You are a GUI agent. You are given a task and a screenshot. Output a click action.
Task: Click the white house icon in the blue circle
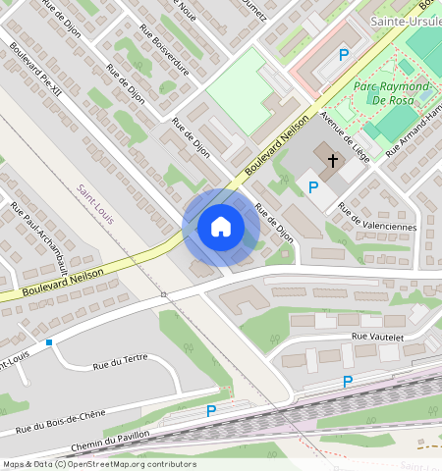pos(221,227)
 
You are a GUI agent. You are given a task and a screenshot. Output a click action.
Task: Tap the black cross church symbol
pos(333,160)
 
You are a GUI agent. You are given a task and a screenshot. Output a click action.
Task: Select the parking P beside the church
pos(313,187)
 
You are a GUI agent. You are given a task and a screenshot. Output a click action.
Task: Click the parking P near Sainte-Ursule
pos(343,56)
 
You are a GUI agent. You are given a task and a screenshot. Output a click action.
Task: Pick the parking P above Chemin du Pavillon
pos(210,412)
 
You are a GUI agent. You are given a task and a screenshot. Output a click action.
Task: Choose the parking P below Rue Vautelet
pos(347,382)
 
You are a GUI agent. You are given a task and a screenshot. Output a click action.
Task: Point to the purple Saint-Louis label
pos(95,203)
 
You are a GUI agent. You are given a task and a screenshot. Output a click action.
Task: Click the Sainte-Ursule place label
pos(404,21)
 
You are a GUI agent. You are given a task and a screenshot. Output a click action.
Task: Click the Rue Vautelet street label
pos(378,337)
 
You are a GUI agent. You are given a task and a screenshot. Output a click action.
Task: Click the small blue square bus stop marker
pos(49,341)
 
